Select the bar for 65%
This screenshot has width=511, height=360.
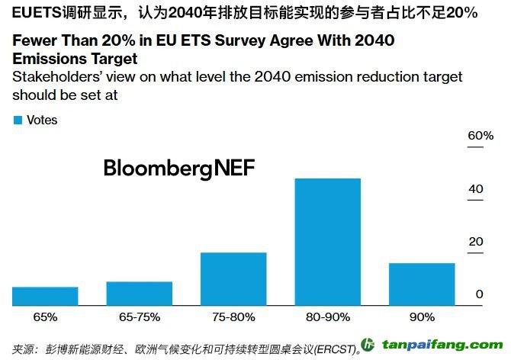pyautogui.click(x=45, y=296)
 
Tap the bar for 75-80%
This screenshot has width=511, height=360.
pyautogui.click(x=233, y=279)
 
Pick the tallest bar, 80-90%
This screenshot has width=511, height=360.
pyautogui.click(x=327, y=242)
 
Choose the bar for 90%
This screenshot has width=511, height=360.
pyautogui.click(x=422, y=284)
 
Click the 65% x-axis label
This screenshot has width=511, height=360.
pyautogui.click(x=45, y=317)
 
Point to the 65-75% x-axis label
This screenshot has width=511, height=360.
pyautogui.click(x=140, y=317)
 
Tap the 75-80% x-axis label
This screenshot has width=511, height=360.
pyautogui.click(x=233, y=317)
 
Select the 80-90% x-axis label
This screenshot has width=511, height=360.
pyautogui.click(x=327, y=317)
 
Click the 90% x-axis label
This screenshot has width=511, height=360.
pyautogui.click(x=422, y=317)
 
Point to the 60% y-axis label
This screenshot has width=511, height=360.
pyautogui.click(x=480, y=136)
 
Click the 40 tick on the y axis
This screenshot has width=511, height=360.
pyautogui.click(x=475, y=189)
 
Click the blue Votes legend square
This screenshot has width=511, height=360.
pyautogui.click(x=18, y=120)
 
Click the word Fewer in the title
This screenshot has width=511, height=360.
pyautogui.click(x=34, y=40)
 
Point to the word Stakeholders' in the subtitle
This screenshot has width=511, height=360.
pyautogui.click(x=54, y=77)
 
